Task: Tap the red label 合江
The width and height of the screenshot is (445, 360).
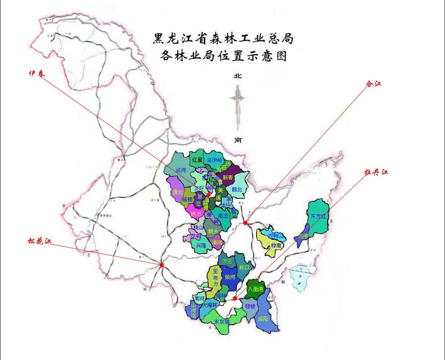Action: (373, 84)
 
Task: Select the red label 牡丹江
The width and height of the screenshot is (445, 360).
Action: (376, 172)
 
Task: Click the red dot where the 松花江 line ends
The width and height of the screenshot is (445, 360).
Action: (161, 265)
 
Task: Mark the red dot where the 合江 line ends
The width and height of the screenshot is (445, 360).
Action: (245, 223)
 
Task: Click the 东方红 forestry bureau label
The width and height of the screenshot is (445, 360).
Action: (318, 216)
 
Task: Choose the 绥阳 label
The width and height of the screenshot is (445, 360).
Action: (263, 319)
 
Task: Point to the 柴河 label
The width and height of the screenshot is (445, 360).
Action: (230, 277)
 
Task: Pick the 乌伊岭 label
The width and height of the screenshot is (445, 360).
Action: (214, 160)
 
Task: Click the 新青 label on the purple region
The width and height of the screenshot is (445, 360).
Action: (228, 178)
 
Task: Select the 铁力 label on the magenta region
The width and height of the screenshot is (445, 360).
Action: (196, 214)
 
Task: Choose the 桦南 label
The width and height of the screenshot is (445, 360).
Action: (276, 245)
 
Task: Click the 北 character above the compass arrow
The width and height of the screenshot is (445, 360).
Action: (237, 76)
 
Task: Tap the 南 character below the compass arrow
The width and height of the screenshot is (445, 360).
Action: (237, 140)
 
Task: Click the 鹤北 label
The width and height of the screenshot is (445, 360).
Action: (237, 189)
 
